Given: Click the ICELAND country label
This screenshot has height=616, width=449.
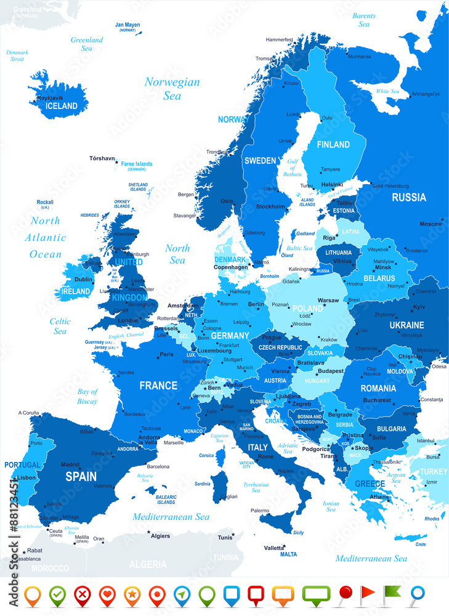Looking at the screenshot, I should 62,106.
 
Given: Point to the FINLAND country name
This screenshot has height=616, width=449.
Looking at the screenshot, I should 333,145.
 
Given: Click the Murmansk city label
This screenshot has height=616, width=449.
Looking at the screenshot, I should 360,57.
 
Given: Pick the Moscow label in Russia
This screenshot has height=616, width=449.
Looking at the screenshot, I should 431,224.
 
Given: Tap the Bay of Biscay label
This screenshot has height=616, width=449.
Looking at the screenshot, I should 87,396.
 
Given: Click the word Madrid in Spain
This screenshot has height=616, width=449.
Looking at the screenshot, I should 70,465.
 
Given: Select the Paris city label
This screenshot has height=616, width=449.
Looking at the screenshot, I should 166,354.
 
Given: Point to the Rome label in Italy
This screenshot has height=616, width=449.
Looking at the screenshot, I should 266,456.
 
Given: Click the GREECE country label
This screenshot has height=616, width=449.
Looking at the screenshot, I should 370,484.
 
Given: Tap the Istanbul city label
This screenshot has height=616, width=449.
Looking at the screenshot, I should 426,440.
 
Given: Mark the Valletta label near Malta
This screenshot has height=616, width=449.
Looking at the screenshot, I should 274,548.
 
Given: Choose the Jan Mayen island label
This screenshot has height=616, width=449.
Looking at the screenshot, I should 127,25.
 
